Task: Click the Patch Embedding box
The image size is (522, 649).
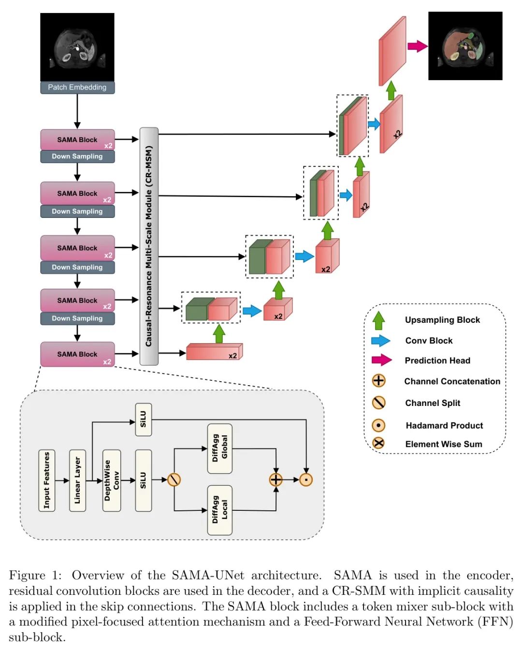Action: pyautogui.click(x=77, y=87)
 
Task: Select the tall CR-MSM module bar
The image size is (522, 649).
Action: pyautogui.click(x=149, y=246)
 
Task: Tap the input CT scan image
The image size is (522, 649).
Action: pyautogui.click(x=77, y=47)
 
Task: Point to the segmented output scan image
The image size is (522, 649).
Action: pyautogui.click(x=465, y=46)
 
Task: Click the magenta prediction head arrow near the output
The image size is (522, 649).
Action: pyautogui.click(x=417, y=46)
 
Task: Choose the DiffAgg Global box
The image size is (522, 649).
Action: pyautogui.click(x=220, y=448)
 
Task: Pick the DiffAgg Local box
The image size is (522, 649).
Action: pyautogui.click(x=220, y=510)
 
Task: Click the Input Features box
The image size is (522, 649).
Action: pyautogui.click(x=47, y=480)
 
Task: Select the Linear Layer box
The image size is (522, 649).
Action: pyautogui.click(x=77, y=480)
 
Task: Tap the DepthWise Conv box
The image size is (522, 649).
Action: pyautogui.click(x=112, y=480)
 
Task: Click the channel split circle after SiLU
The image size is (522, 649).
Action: pyautogui.click(x=174, y=480)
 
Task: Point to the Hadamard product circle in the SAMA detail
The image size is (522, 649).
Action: pyautogui.click(x=306, y=480)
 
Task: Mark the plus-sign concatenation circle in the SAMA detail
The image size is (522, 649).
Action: pyautogui.click(x=275, y=480)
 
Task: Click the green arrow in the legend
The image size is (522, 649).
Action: pyautogui.click(x=379, y=320)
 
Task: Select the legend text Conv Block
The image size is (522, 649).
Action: pyautogui.click(x=429, y=341)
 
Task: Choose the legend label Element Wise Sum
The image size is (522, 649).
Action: pyautogui.click(x=443, y=444)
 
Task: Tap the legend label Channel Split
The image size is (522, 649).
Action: pyautogui.click(x=433, y=403)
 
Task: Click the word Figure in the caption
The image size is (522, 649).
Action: pyautogui.click(x=27, y=576)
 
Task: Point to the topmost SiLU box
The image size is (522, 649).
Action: pyautogui.click(x=143, y=419)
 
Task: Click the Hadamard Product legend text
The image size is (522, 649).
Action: pyautogui.click(x=444, y=425)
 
